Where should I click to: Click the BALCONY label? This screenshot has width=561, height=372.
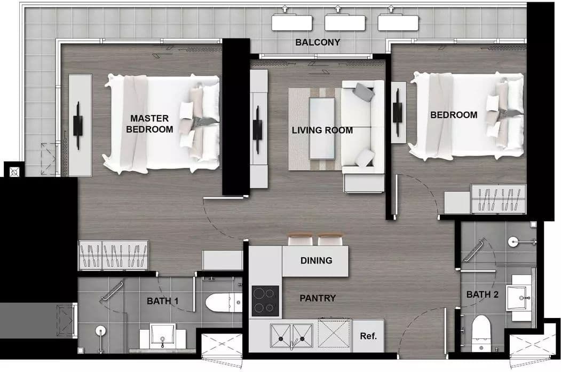pyautogui.click(x=318, y=42)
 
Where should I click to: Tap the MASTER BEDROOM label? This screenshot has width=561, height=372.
pyautogui.click(x=149, y=123)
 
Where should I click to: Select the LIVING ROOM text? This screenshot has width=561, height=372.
pyautogui.click(x=322, y=130)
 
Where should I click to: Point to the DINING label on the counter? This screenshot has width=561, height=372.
pyautogui.click(x=317, y=260)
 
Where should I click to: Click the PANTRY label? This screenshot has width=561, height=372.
pyautogui.click(x=318, y=298)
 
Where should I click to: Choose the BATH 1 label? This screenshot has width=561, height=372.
pyautogui.click(x=162, y=301)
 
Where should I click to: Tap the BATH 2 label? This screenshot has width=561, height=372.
pyautogui.click(x=483, y=294)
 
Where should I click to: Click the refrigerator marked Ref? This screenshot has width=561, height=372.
pyautogui.click(x=368, y=336)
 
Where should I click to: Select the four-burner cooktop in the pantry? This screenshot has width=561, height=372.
pyautogui.click(x=265, y=301)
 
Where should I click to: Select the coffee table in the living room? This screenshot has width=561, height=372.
pyautogui.click(x=322, y=128)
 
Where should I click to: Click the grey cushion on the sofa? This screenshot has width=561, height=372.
pyautogui.click(x=364, y=92)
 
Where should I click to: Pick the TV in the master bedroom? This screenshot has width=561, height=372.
pyautogui.click(x=78, y=126)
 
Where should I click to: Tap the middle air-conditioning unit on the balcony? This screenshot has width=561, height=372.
pyautogui.click(x=345, y=22)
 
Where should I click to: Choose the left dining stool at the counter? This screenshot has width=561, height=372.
pyautogui.click(x=301, y=239)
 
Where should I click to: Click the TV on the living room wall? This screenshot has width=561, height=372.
pyautogui.click(x=257, y=129)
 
